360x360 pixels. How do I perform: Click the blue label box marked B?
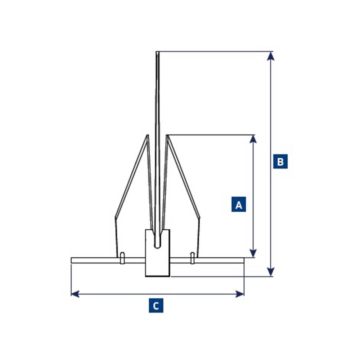(x=280, y=161)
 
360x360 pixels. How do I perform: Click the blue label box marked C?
(x=156, y=305)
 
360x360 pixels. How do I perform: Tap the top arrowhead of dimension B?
(x=271, y=55)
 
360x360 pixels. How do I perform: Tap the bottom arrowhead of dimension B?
(x=271, y=272)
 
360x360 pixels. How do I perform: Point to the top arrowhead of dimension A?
(x=253, y=139)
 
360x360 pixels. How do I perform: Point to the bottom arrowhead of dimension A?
(x=253, y=253)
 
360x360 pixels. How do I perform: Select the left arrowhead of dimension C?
(x=75, y=294)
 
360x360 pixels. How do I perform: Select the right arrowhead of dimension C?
(x=240, y=294)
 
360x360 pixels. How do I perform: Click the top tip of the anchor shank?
(x=157, y=53)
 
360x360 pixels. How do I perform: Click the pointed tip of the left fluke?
(x=147, y=136)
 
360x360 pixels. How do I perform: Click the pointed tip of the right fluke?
(x=167, y=136)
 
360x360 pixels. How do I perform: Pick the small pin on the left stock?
(x=122, y=258)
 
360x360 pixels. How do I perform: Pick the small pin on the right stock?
(x=193, y=258)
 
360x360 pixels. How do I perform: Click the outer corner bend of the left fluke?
(x=115, y=218)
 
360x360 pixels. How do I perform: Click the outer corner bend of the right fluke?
(x=199, y=218)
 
